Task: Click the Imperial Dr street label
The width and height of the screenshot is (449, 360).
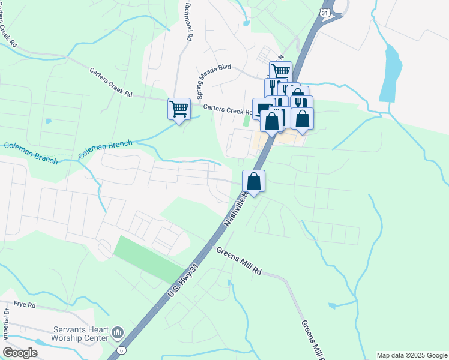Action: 7,323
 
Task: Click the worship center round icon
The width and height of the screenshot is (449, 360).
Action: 117,332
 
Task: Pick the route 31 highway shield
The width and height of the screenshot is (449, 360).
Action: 324,12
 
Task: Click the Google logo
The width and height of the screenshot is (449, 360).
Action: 20,352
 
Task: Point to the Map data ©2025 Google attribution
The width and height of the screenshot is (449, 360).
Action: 412,355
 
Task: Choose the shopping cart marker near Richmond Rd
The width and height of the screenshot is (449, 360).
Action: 179,109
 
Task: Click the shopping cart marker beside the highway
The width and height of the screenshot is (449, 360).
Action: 280,71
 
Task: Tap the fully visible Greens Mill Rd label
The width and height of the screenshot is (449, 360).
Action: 239,262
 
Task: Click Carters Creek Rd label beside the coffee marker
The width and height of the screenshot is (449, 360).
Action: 227,110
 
